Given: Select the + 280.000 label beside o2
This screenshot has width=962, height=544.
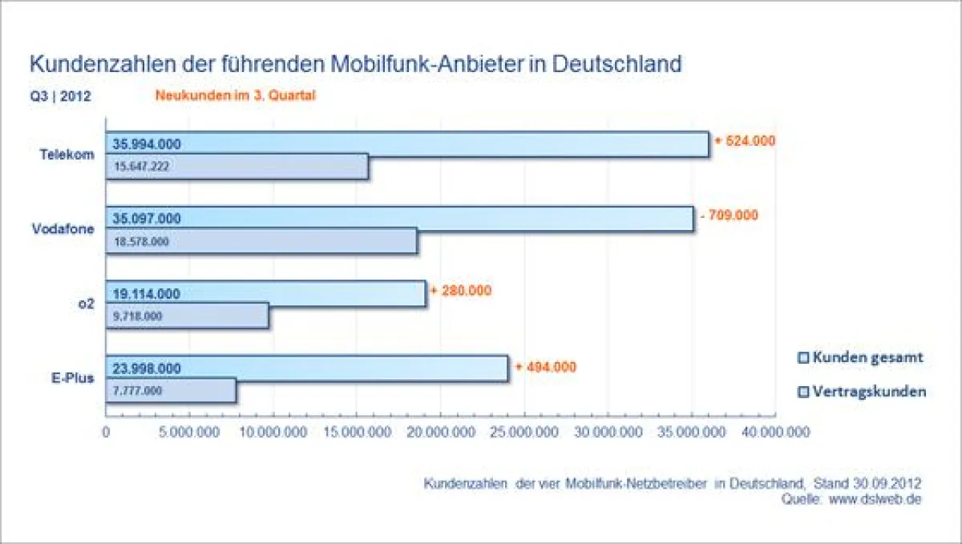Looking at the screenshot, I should pyautogui.click(x=461, y=290).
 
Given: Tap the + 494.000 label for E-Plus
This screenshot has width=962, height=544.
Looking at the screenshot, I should pyautogui.click(x=546, y=367).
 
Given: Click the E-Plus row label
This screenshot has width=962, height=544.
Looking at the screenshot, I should pyautogui.click(x=72, y=377).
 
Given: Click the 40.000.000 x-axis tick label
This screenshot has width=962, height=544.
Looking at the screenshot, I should pyautogui.click(x=774, y=432).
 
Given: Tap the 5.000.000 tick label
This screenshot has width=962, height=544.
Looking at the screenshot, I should pyautogui.click(x=190, y=432).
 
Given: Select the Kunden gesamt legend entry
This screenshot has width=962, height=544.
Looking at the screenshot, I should pyautogui.click(x=860, y=357).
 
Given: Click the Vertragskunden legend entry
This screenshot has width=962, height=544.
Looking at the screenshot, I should pyautogui.click(x=862, y=392).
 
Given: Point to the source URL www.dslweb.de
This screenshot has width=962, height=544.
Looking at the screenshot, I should pyautogui.click(x=875, y=498).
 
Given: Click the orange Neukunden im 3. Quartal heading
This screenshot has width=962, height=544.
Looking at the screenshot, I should pyautogui.click(x=236, y=96).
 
